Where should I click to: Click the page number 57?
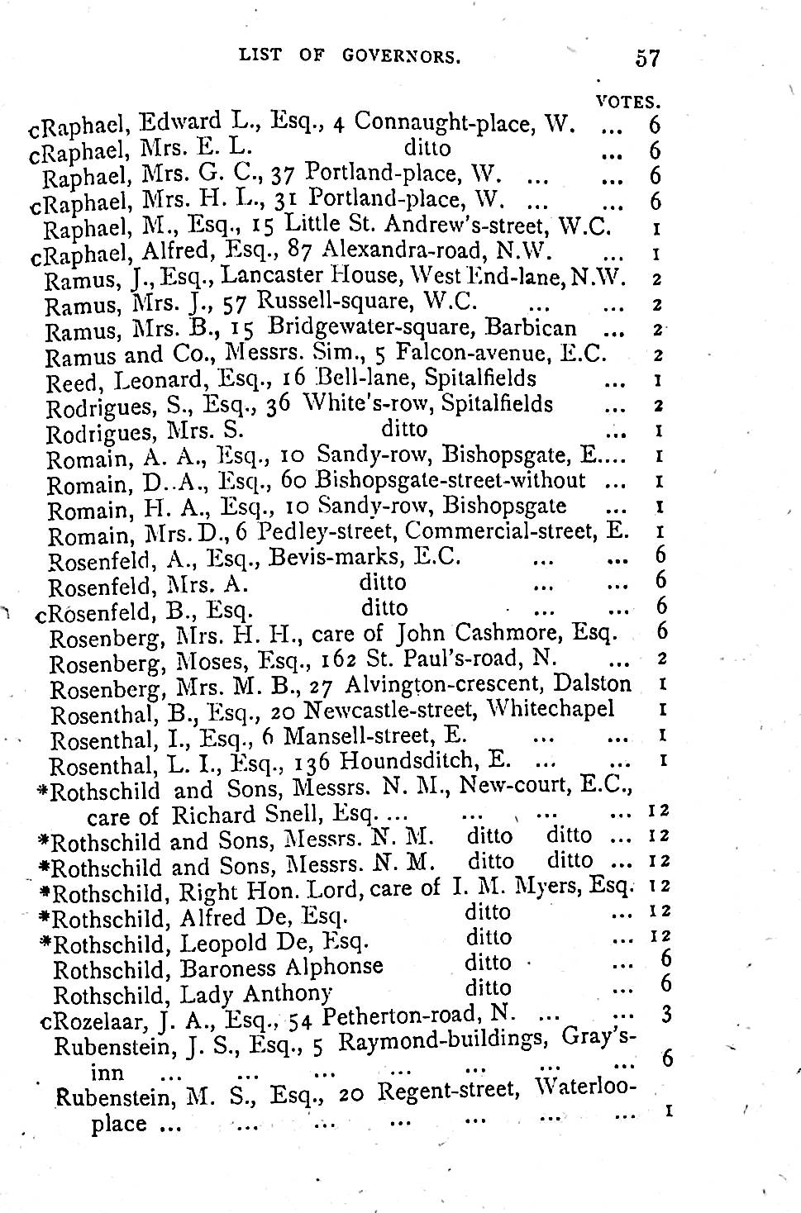[x=648, y=58]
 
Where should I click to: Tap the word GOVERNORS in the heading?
[x=400, y=56]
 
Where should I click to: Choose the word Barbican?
[x=543, y=328]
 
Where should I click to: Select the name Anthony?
[x=284, y=993]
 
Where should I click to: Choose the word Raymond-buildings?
[x=445, y=1041]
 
